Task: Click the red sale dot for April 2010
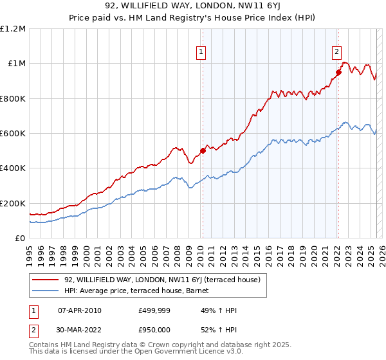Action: tap(203, 150)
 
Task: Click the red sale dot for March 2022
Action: tap(338, 72)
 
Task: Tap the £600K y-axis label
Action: tap(14, 134)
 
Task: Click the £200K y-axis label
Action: tap(14, 203)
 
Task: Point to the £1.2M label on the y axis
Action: tap(14, 29)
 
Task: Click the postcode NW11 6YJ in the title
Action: tap(252, 8)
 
